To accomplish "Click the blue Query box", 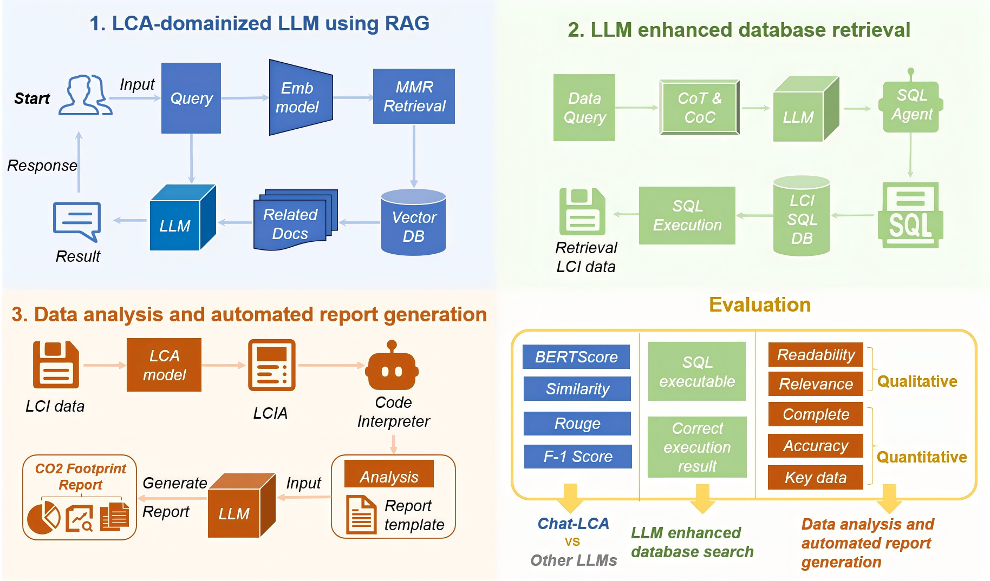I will (191, 98).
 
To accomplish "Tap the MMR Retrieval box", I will (414, 96).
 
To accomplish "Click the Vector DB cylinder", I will (413, 223).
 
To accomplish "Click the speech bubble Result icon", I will (77, 220).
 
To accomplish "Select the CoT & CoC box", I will (699, 108).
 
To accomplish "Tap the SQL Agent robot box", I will (911, 105).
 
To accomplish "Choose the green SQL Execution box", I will (687, 215).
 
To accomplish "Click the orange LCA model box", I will (164, 365).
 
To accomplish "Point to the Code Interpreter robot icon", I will (392, 368).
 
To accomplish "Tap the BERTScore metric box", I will (576, 357).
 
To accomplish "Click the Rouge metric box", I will (577, 424).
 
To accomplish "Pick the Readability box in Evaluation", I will (816, 355).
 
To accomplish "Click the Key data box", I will (815, 478).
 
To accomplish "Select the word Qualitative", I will (917, 381).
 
